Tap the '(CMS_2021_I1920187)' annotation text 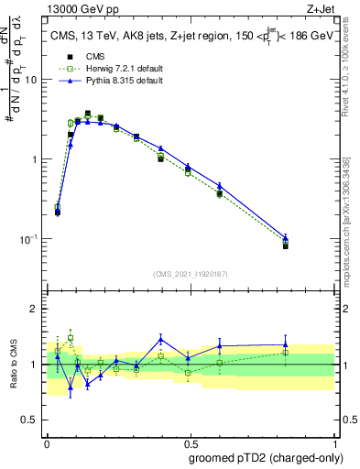coord(190,273)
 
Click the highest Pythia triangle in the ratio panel coord(161,338)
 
